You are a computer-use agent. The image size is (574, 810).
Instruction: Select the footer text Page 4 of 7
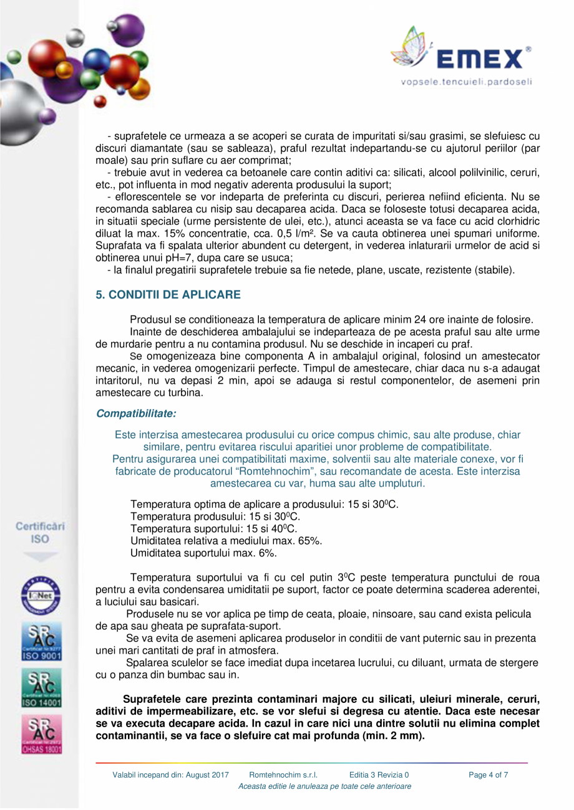489,776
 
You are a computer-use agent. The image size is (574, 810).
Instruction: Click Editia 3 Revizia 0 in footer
379,776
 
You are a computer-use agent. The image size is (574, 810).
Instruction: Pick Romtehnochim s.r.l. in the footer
283,776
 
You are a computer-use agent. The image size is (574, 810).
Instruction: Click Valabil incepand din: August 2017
171,776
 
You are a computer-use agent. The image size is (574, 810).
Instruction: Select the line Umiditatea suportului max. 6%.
203,553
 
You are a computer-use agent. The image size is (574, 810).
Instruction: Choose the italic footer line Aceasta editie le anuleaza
324,787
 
